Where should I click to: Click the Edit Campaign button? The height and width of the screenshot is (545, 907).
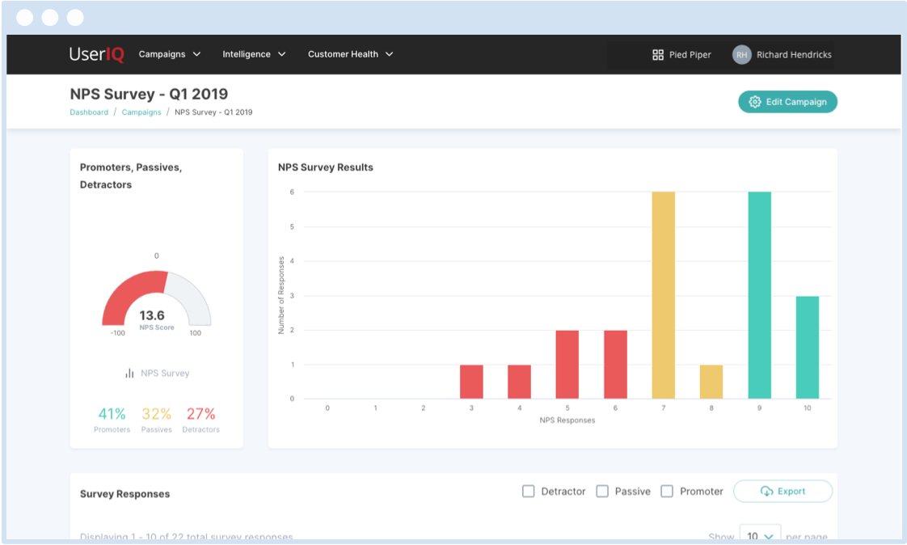[787, 102]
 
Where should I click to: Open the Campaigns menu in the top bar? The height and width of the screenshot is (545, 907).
[169, 54]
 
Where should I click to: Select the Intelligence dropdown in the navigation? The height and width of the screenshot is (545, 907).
[254, 54]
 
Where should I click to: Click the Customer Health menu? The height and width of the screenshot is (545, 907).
[350, 54]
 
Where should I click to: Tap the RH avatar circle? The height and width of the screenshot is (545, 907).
[741, 55]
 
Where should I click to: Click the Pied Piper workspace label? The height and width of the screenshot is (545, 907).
[681, 55]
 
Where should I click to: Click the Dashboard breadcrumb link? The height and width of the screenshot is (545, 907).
[89, 112]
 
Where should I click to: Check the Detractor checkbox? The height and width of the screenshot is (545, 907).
[529, 491]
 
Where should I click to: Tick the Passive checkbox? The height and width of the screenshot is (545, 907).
[602, 491]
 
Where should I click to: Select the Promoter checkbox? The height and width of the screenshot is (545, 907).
[667, 491]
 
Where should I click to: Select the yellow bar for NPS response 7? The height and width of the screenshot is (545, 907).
[663, 295]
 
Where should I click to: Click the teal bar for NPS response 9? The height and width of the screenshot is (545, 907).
[759, 295]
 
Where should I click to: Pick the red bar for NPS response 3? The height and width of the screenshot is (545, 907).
[471, 382]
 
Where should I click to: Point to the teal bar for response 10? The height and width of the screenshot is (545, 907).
[807, 348]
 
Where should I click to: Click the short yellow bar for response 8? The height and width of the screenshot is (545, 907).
[711, 382]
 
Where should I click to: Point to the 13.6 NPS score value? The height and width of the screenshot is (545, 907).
[152, 315]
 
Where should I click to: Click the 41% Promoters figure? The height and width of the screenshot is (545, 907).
[112, 414]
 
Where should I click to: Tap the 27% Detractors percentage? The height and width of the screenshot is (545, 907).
[200, 414]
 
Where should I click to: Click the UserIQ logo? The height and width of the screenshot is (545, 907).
[96, 54]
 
